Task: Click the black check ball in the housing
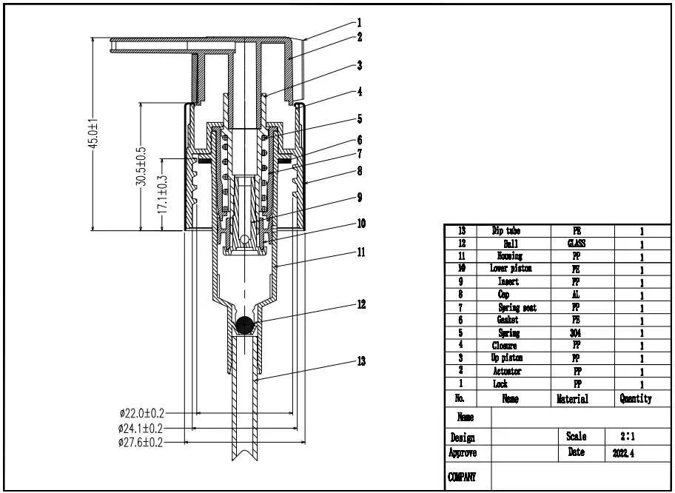tap(245, 323)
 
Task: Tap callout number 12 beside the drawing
tap(360, 303)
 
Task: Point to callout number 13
tap(360, 361)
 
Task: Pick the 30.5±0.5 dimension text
tap(141, 167)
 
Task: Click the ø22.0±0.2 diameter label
tap(141, 412)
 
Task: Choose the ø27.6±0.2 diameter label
tap(141, 442)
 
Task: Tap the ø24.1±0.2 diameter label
tap(141, 428)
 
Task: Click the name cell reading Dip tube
tap(506, 231)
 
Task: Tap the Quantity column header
tap(636, 398)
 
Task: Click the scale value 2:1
tap(625, 437)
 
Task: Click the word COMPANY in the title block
tap(462, 477)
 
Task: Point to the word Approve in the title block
tap(463, 452)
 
